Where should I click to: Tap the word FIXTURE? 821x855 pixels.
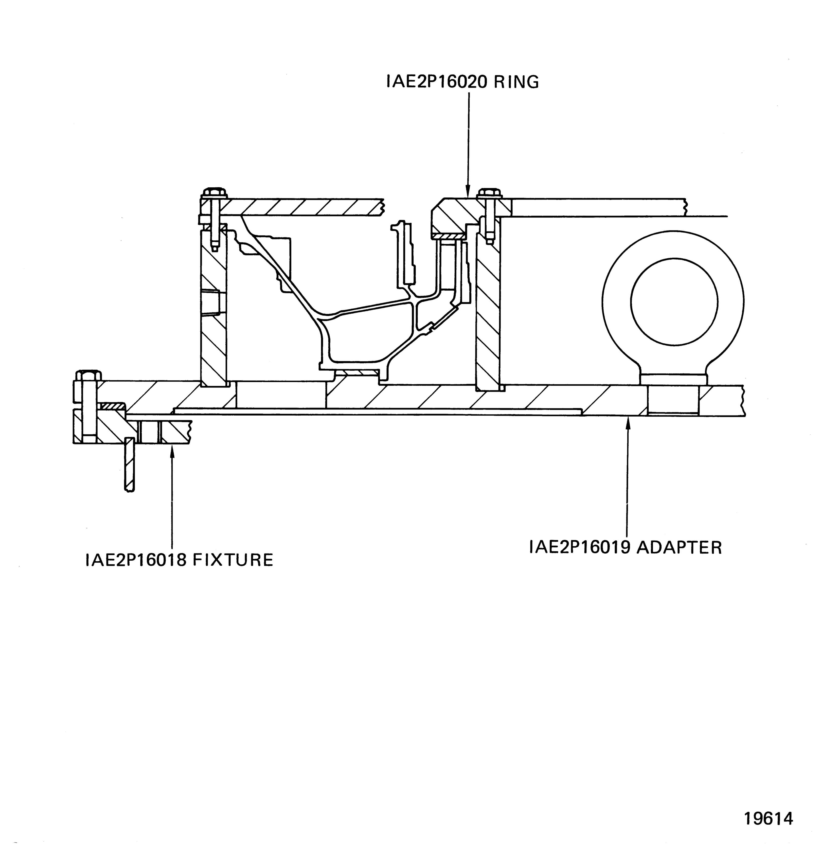(x=233, y=560)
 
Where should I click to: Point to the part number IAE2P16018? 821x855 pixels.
(x=136, y=560)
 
